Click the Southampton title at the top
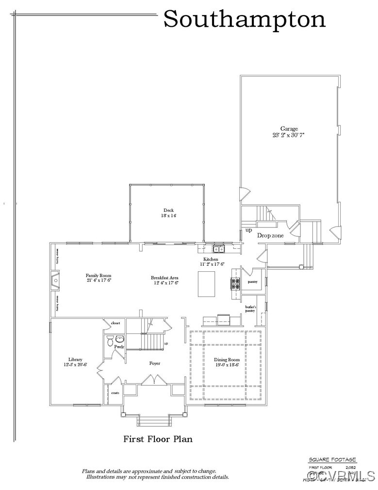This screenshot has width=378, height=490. coord(244,19)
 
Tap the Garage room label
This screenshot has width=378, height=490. coord(289,129)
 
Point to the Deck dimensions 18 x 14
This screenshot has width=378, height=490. coord(169,215)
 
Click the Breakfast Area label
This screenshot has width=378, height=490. coord(164,278)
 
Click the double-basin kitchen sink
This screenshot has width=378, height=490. coord(219,249)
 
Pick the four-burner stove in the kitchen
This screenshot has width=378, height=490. coord(235,283)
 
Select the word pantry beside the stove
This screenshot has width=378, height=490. coord(252,281)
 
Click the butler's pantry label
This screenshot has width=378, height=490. coord(250,309)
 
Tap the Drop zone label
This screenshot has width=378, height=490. coord(270,236)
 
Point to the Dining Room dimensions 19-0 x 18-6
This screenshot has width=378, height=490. coord(227,365)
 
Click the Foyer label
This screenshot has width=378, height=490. coord(154,363)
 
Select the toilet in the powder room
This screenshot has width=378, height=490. coord(110,339)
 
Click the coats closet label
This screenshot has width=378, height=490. coord(115,393)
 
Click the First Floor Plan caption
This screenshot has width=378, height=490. coord(158,439)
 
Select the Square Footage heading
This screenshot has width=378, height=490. coord(332,460)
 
